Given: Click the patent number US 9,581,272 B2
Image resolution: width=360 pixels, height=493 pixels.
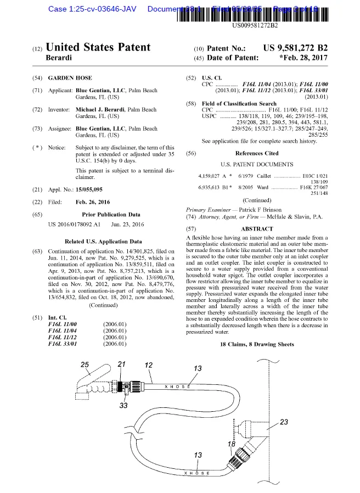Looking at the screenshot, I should (x=295, y=48).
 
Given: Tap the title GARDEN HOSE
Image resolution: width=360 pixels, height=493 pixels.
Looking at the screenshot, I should (x=70, y=79).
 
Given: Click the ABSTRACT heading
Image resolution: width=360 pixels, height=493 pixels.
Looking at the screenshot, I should (x=257, y=228).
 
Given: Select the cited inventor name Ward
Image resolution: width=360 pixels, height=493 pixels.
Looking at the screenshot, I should (x=263, y=187).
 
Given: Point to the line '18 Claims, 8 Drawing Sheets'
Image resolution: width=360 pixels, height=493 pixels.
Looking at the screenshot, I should (x=257, y=344).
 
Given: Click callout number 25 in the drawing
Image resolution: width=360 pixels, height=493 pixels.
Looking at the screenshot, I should (x=85, y=365).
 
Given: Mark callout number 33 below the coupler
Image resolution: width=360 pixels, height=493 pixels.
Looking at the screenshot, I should (x=124, y=406).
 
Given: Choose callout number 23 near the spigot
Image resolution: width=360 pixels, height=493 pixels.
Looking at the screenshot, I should (x=284, y=422).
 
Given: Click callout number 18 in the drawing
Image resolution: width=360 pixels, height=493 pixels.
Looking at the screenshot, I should (x=232, y=443).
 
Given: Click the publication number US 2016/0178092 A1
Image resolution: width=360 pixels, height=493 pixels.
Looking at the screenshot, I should (x=74, y=224).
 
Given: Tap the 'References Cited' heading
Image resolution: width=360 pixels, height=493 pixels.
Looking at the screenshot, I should (x=256, y=153).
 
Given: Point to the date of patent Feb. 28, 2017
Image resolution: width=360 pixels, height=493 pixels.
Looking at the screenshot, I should (x=303, y=57).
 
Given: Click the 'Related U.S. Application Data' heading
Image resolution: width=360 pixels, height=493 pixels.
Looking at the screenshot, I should (x=103, y=241).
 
